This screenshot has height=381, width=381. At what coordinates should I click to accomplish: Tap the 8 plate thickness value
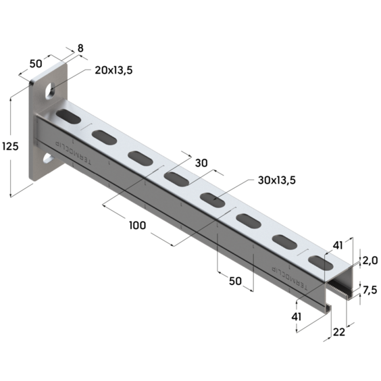tap(81, 48)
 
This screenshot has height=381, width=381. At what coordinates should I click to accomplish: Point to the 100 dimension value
tap(136, 226)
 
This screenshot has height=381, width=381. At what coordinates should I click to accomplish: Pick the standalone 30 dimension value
tap(201, 163)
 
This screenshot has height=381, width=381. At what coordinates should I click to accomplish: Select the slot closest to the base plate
tap(68, 117)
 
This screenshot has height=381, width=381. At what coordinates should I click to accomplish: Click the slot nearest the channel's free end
tap(318, 260)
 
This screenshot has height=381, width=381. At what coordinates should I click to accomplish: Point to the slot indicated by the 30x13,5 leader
tap(212, 200)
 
